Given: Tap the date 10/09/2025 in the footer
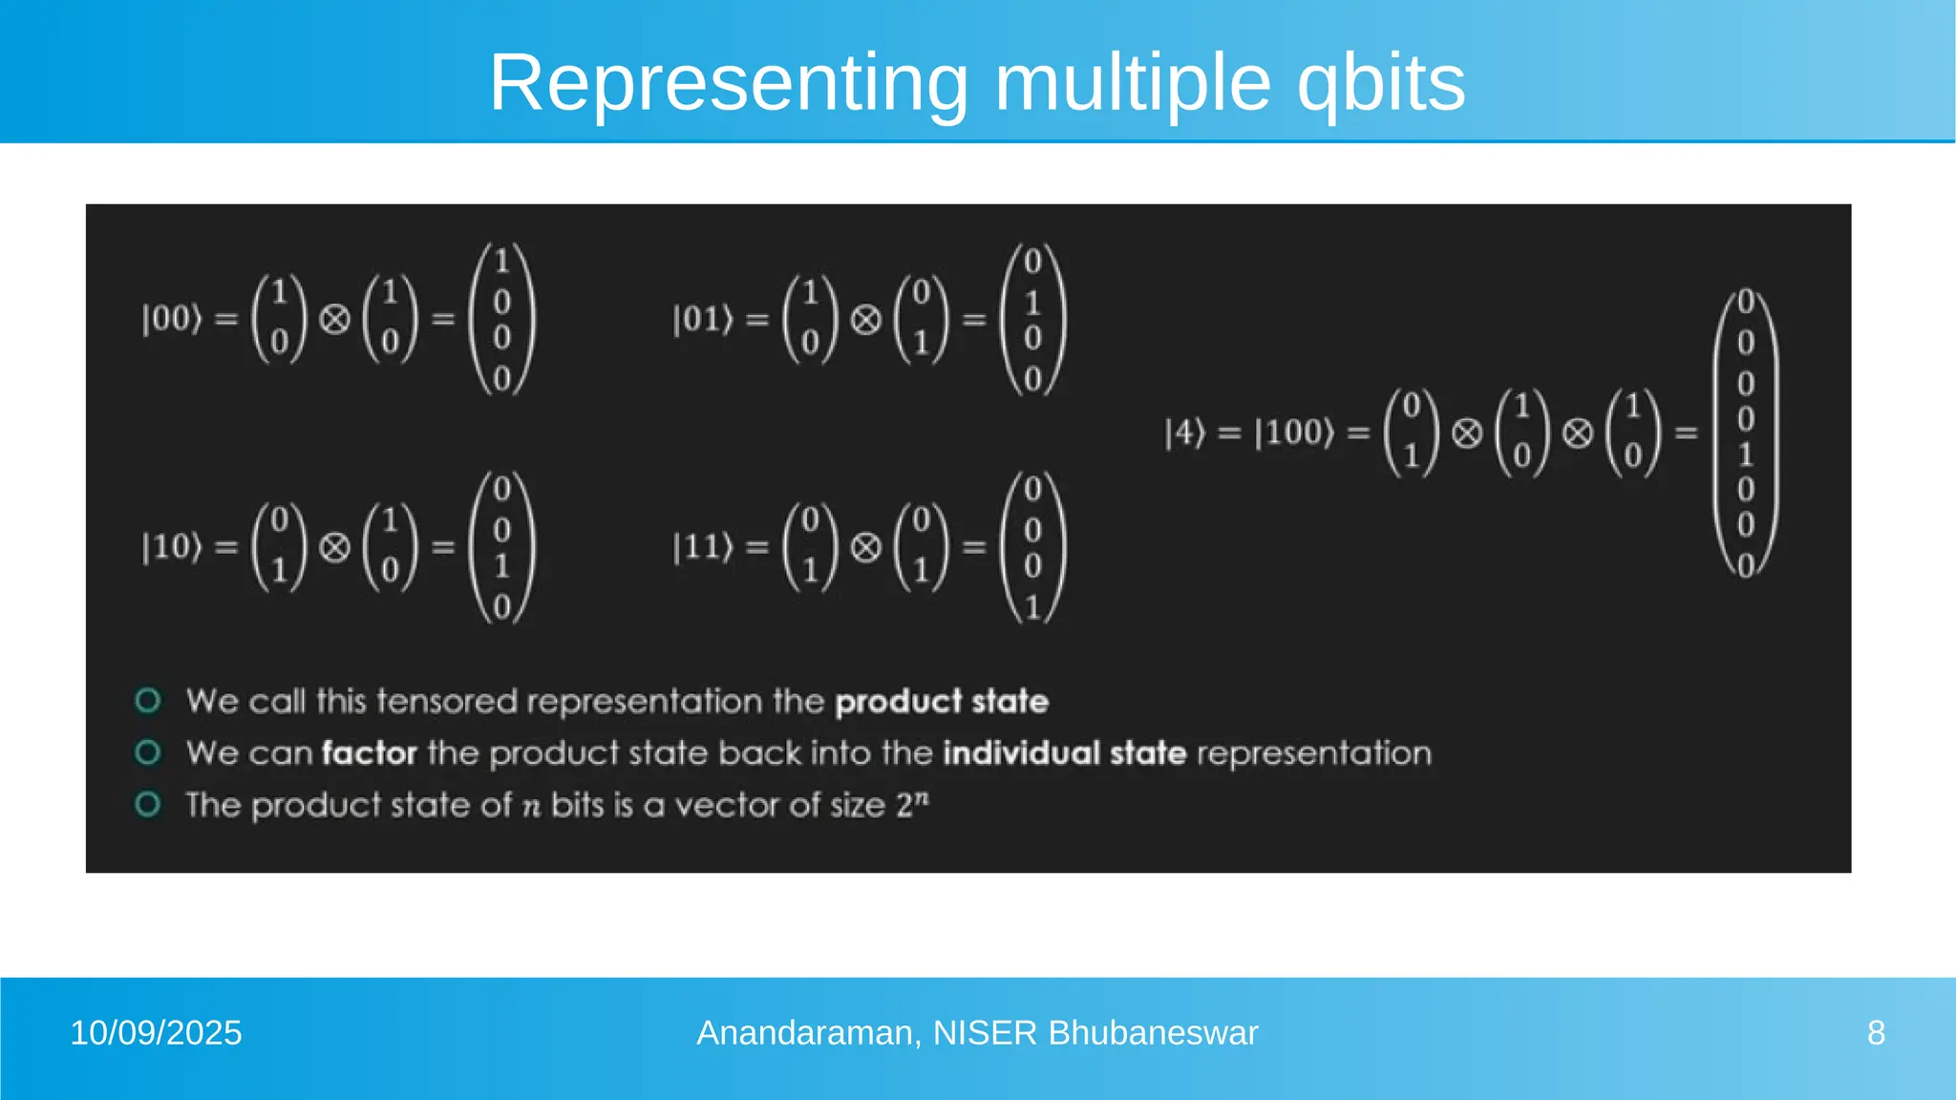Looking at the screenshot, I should (156, 1033).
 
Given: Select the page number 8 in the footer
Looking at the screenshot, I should (1876, 1033).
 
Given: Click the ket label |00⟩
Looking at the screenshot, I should (172, 319).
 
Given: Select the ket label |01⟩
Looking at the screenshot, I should (703, 319).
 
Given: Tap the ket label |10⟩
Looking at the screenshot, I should (172, 547).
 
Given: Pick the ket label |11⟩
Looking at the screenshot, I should (703, 547).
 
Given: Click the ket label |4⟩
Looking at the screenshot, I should (1185, 433).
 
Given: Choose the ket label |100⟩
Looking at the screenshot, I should (1294, 433).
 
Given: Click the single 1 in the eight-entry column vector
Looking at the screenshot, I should (1745, 454).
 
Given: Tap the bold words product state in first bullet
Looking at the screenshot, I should (942, 702).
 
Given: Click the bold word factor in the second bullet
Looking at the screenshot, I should (370, 753).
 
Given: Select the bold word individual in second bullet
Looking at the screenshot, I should (1022, 753).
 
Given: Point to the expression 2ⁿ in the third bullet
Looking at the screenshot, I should (912, 804).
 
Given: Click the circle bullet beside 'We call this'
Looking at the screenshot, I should (148, 701).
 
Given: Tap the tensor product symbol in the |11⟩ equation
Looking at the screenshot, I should (865, 547).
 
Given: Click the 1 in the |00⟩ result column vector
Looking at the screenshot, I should (501, 261).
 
